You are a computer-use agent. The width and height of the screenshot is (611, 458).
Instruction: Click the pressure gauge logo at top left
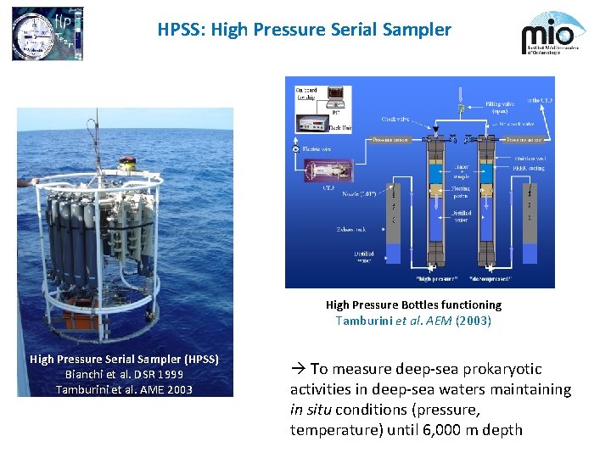36,34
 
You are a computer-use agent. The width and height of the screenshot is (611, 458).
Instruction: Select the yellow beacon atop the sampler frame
129,161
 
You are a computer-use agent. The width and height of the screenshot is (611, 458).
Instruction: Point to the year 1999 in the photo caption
169,374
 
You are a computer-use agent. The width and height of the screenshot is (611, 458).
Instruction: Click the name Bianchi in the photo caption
88,374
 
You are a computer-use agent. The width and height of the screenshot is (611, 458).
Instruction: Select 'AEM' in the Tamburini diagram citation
439,321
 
